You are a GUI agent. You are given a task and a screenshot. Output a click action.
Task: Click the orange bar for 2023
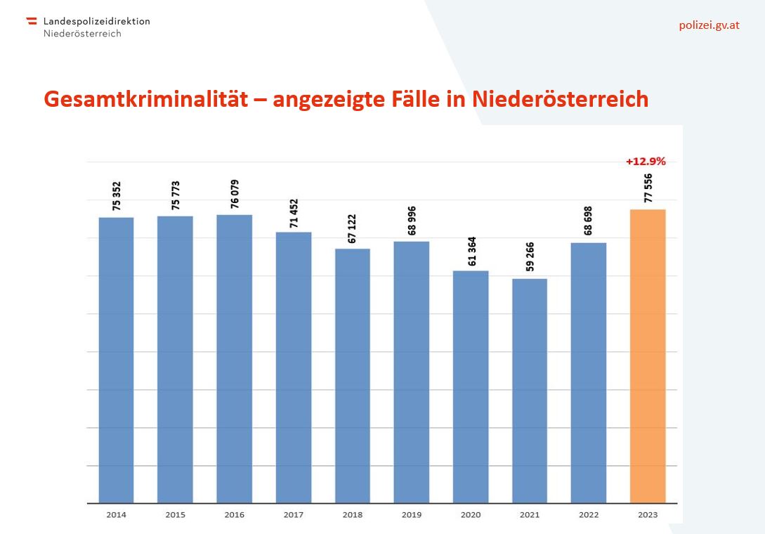648,356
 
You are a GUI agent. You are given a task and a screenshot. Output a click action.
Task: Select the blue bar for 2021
530,391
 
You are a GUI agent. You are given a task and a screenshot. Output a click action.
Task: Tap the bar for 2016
234,359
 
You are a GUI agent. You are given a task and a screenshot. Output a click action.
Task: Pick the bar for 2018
352,376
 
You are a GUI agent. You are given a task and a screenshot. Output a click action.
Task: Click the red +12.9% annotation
646,162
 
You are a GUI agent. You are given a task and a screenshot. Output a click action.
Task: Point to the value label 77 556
648,188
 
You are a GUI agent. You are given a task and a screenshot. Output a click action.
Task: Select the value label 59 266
530,256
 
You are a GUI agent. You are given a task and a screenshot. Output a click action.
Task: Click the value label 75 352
116,196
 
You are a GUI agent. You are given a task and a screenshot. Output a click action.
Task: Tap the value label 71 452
293,214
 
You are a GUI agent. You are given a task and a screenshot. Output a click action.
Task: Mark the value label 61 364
472,252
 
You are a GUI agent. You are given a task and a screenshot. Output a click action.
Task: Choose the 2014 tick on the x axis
116,514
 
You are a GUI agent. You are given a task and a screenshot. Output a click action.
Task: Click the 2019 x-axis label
411,514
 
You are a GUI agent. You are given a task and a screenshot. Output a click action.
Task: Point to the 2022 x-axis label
589,514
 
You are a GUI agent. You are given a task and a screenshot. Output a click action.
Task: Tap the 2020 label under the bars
471,514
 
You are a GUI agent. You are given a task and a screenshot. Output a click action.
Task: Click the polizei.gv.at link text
709,25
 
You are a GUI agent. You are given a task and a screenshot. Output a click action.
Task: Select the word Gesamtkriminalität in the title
146,99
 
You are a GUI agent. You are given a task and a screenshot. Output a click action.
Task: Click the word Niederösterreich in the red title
560,99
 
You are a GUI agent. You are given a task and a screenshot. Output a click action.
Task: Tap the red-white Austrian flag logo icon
32,20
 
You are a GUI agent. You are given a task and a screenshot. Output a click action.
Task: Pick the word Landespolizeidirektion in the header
97,22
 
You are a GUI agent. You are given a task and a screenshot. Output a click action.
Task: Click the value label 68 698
589,221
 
